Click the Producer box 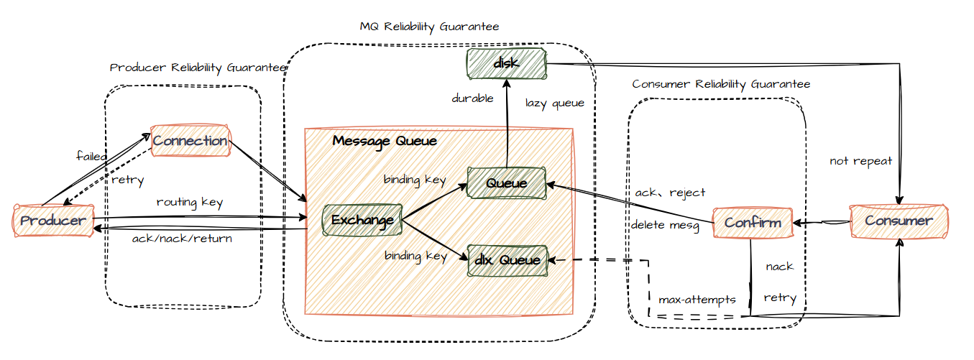pyautogui.click(x=53, y=221)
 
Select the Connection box pyautogui.click(x=190, y=140)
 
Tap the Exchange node pyautogui.click(x=362, y=220)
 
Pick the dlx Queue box pyautogui.click(x=507, y=260)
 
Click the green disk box pyautogui.click(x=507, y=63)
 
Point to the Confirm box pyautogui.click(x=753, y=223)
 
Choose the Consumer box pyautogui.click(x=899, y=221)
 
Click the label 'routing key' pyautogui.click(x=190, y=202)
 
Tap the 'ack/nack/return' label pyautogui.click(x=182, y=239)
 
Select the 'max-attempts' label pyautogui.click(x=697, y=300)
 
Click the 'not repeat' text pyautogui.click(x=861, y=161)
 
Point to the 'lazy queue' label pyautogui.click(x=555, y=103)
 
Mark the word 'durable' pyautogui.click(x=473, y=98)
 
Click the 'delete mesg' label pyautogui.click(x=666, y=225)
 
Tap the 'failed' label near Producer pyautogui.click(x=91, y=156)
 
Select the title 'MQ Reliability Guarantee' pyautogui.click(x=430, y=27)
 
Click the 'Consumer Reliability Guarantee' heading pyautogui.click(x=722, y=84)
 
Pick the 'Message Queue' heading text pyautogui.click(x=385, y=141)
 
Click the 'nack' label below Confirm pyautogui.click(x=780, y=266)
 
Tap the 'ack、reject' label pyautogui.click(x=670, y=193)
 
